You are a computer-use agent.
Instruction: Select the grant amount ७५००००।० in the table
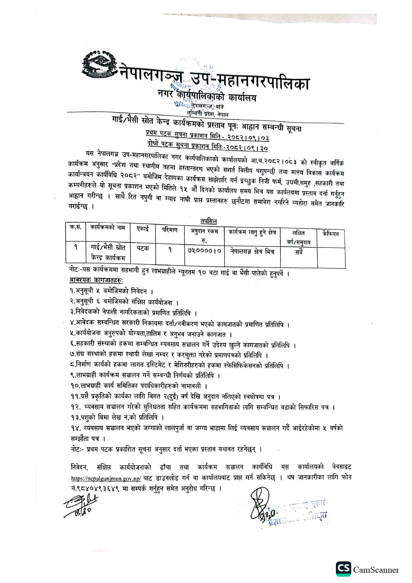tap(204, 251)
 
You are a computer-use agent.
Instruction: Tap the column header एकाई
tap(143, 229)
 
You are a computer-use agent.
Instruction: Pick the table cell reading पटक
tap(143, 248)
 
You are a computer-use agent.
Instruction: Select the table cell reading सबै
tap(298, 252)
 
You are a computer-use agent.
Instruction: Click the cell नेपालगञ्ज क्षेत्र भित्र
tap(252, 251)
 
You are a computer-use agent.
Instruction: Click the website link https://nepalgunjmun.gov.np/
tap(106, 478)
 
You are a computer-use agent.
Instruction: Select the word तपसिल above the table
tap(208, 221)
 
